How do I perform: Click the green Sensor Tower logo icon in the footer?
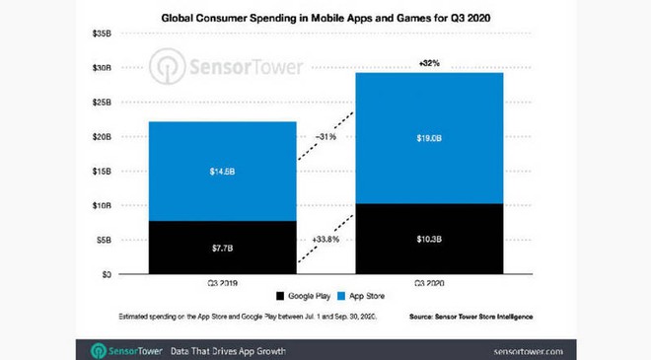100,350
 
